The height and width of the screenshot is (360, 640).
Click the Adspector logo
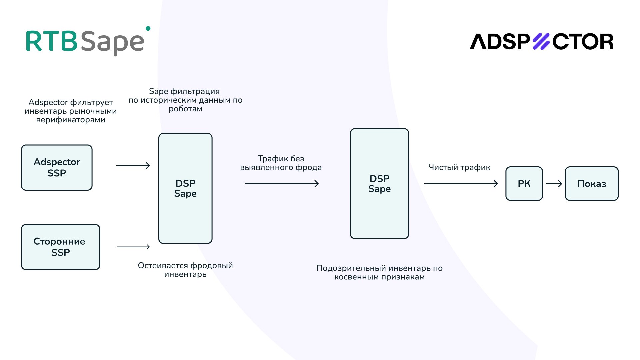542,42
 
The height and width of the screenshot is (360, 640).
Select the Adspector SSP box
57,168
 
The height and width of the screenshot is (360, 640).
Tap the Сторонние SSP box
60,247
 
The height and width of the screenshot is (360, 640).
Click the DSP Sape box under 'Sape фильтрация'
185,188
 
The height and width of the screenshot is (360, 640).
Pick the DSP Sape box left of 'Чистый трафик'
379,184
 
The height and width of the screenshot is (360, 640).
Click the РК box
524,184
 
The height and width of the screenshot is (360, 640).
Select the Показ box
592,184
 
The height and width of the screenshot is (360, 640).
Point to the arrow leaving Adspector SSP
133,165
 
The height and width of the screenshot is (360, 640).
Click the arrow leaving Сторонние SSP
133,247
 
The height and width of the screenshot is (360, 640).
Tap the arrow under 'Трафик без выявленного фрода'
282,184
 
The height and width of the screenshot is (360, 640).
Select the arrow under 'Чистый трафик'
461,184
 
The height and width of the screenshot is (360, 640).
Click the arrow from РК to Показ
554,184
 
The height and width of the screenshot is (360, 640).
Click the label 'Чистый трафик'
459,167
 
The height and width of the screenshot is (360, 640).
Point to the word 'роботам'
185,109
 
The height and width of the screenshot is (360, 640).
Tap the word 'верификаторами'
71,120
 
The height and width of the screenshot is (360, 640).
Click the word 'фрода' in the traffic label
307,167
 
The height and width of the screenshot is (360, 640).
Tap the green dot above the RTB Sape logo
148,29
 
